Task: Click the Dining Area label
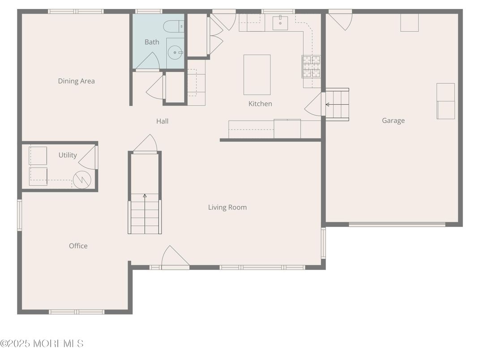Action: (x=76, y=81)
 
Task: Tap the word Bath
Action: (x=152, y=42)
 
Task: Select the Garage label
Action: (x=393, y=120)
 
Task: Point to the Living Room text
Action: (x=227, y=207)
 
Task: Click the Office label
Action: (x=78, y=246)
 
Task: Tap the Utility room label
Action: (x=68, y=155)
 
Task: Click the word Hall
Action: (x=162, y=121)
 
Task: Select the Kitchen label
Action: (x=260, y=104)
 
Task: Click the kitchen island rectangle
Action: (x=257, y=75)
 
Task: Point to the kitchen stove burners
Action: (x=311, y=66)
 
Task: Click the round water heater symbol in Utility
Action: (x=82, y=180)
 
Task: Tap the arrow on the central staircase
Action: (x=145, y=196)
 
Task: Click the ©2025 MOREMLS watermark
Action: (x=42, y=343)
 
